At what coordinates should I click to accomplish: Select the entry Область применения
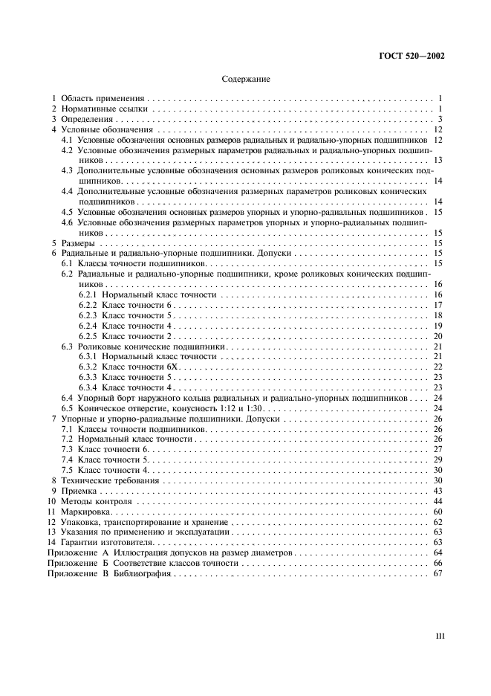(x=103, y=98)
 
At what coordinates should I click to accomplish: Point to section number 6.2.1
(x=88, y=295)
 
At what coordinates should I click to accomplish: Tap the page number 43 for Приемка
(x=438, y=492)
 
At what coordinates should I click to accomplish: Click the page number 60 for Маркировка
(x=438, y=513)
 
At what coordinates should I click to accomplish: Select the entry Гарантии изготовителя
(x=109, y=543)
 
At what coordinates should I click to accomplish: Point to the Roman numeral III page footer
(x=439, y=636)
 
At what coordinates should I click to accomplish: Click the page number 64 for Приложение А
(x=438, y=553)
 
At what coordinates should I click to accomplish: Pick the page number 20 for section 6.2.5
(x=438, y=337)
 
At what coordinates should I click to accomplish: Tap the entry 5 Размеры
(x=72, y=243)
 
